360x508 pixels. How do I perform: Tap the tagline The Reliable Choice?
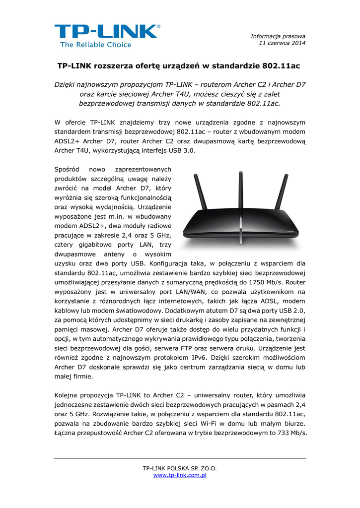pos(96,45)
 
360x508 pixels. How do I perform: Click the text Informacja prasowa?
pos(278,36)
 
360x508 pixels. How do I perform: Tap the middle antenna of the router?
pos(239,191)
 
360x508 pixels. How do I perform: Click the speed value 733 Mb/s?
pos(291,433)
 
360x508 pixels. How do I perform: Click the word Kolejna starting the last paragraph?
pos(67,395)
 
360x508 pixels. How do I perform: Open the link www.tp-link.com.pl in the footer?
pos(180,475)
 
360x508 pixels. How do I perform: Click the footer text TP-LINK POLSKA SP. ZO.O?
pos(180,468)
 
